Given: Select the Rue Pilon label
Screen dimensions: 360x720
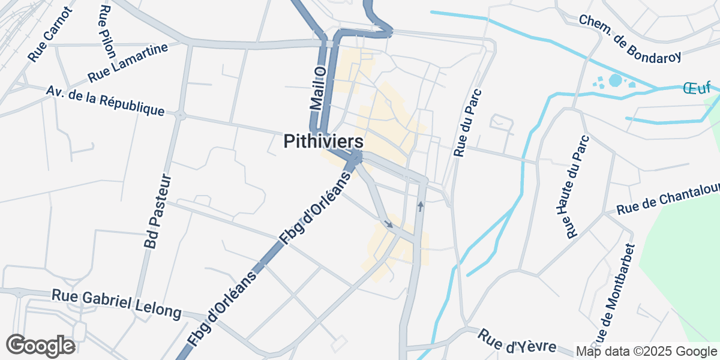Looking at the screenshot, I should (107, 31).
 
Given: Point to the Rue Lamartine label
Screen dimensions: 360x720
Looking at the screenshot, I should (127, 65).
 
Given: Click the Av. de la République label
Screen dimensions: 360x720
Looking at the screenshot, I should (105, 101).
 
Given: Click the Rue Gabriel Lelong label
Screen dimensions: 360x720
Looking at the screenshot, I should (116, 304).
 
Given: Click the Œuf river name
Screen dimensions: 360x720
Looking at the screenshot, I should (697, 88).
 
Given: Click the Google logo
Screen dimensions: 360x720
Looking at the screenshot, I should (40, 346).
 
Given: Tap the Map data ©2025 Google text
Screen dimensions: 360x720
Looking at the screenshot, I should (646, 351).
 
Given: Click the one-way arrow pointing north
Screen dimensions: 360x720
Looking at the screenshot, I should (421, 206).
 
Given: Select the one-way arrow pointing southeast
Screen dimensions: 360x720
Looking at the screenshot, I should (389, 224).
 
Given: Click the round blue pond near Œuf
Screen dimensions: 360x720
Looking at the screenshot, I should (616, 80).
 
